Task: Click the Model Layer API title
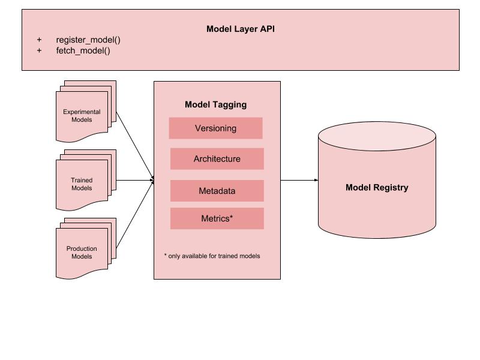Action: (240, 29)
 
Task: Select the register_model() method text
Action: (88, 40)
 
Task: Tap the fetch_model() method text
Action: (83, 50)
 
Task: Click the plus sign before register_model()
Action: (40, 40)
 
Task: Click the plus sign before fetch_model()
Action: (40, 50)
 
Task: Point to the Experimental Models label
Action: (82, 116)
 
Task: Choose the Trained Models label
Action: (82, 184)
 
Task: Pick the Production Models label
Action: (82, 253)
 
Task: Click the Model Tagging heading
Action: (215, 104)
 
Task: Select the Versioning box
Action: (215, 128)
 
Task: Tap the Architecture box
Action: (217, 159)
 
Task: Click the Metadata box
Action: (217, 191)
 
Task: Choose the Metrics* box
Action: (217, 218)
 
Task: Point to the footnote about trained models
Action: (212, 256)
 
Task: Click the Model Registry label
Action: (377, 187)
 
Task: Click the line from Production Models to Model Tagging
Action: (133, 217)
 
